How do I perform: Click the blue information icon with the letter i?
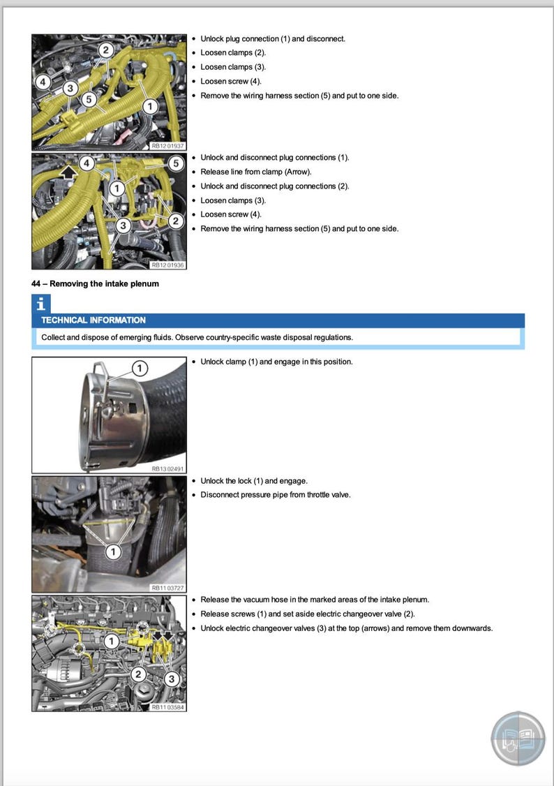coord(42,304)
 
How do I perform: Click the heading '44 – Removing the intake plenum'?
coord(95,283)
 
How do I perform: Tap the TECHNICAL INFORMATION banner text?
coord(93,320)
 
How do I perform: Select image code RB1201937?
coord(167,146)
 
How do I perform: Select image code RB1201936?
coord(167,265)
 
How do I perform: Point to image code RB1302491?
coord(167,469)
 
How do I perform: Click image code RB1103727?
coord(167,588)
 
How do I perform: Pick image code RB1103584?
coord(167,707)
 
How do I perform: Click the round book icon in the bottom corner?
coord(518,739)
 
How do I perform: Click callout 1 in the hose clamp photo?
coord(140,368)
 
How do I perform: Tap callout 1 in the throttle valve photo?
coord(114,552)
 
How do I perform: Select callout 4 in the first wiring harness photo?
coord(43,82)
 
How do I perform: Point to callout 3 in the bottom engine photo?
coord(173,679)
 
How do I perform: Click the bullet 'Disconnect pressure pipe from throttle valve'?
coord(275,495)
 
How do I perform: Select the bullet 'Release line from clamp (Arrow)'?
coord(255,172)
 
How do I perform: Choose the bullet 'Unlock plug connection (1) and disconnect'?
coord(272,38)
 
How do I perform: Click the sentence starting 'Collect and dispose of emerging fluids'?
coord(197,337)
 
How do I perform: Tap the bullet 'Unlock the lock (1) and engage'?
coord(253,481)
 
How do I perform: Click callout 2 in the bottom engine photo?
coord(138,674)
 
